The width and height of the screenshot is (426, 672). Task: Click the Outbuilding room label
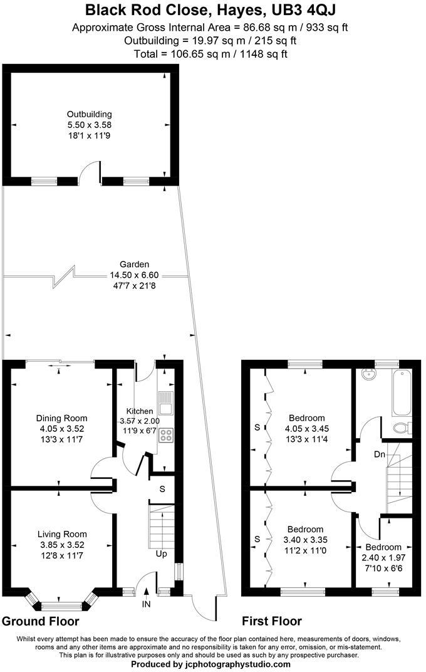(x=90, y=114)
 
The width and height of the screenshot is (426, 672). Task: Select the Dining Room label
(x=61, y=418)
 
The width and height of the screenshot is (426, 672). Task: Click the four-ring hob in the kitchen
(x=167, y=434)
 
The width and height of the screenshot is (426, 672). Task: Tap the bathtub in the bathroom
(x=401, y=393)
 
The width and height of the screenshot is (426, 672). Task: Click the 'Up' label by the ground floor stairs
(x=162, y=554)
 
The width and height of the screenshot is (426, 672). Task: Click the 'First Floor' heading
(x=272, y=622)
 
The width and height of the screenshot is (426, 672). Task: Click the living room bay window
(x=61, y=604)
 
